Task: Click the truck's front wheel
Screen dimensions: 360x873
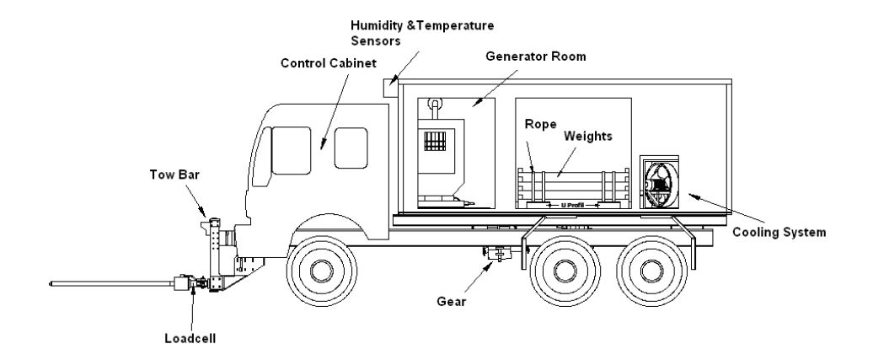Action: click(x=321, y=271)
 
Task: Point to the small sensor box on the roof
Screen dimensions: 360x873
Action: click(x=389, y=84)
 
